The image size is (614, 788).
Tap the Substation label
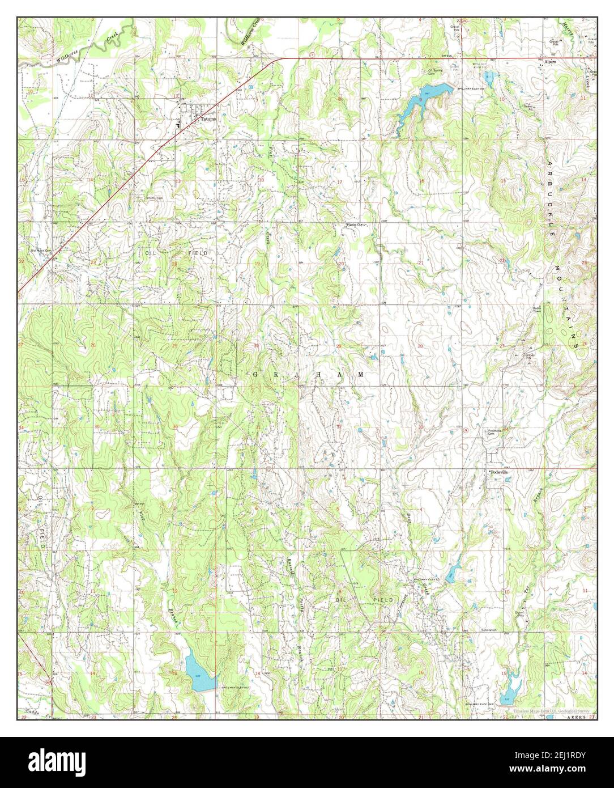tap(488, 630)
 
